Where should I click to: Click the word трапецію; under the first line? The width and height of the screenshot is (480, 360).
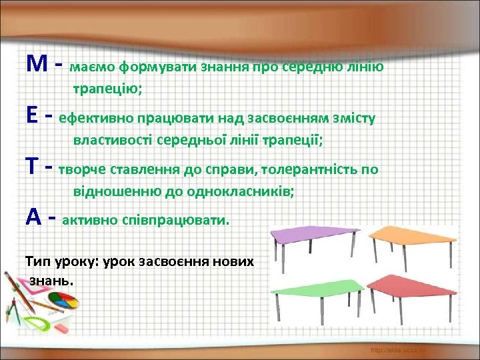(x=106, y=89)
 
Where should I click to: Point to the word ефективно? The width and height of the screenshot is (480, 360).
(x=96, y=119)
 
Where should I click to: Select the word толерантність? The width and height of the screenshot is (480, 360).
(x=309, y=169)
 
